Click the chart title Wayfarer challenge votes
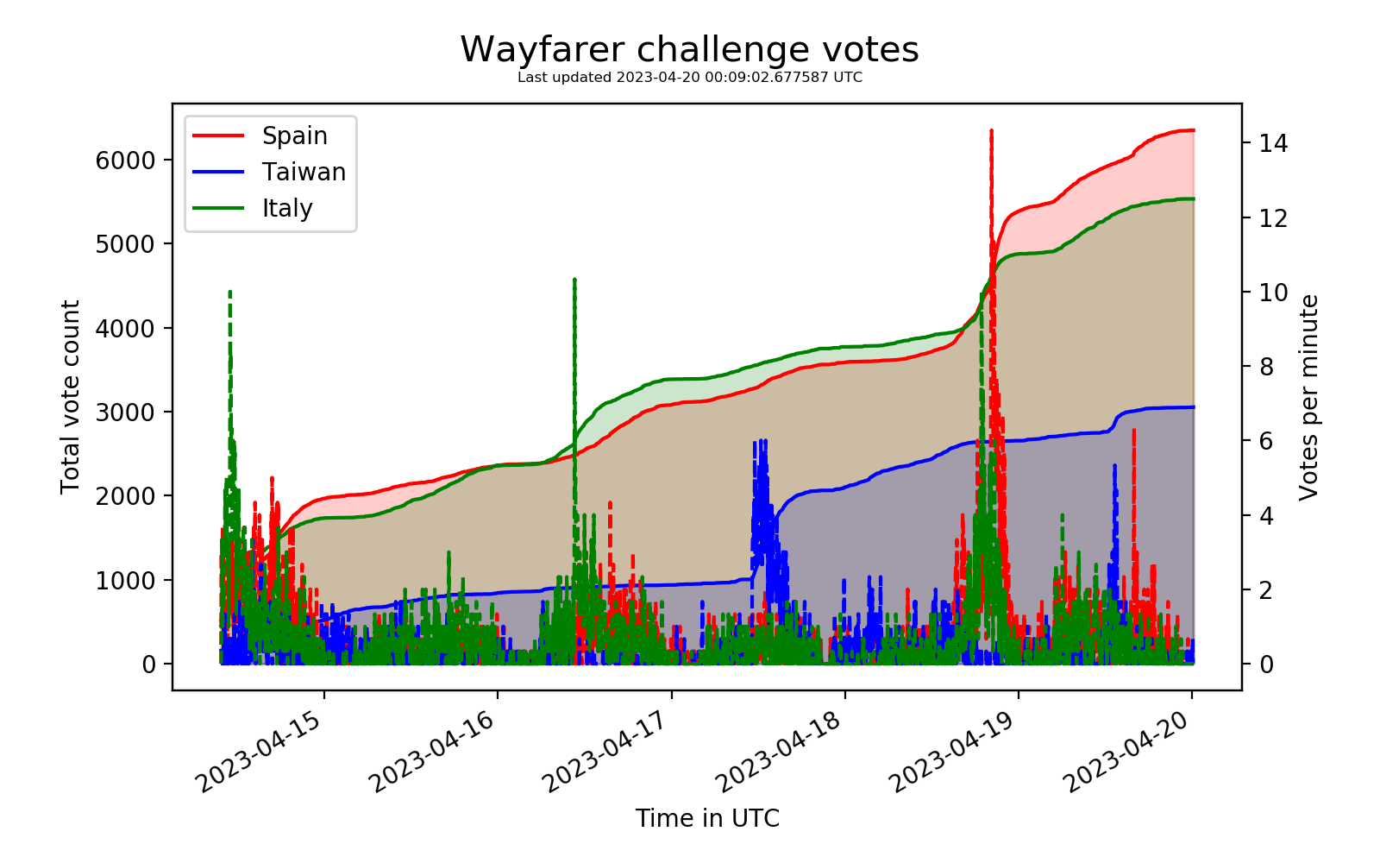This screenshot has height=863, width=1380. click(x=689, y=50)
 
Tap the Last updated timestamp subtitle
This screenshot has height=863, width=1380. click(x=689, y=78)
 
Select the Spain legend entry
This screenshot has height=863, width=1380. click(x=294, y=136)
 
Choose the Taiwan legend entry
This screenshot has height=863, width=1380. click(x=304, y=173)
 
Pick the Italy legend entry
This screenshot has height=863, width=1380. click(x=287, y=209)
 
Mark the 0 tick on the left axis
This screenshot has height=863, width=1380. click(x=148, y=665)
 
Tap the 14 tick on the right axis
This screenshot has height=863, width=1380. click(x=1272, y=143)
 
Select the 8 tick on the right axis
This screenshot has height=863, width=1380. click(x=1266, y=367)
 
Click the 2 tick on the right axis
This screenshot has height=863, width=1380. click(x=1266, y=590)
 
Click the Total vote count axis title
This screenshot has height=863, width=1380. click(x=71, y=397)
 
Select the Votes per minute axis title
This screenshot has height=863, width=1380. click(x=1309, y=397)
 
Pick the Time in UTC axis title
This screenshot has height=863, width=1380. click(x=707, y=818)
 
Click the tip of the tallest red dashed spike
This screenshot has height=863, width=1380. click(x=991, y=131)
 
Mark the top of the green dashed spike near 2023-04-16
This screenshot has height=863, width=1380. click(x=574, y=280)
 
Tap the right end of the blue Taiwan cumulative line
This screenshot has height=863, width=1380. click(x=1193, y=407)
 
